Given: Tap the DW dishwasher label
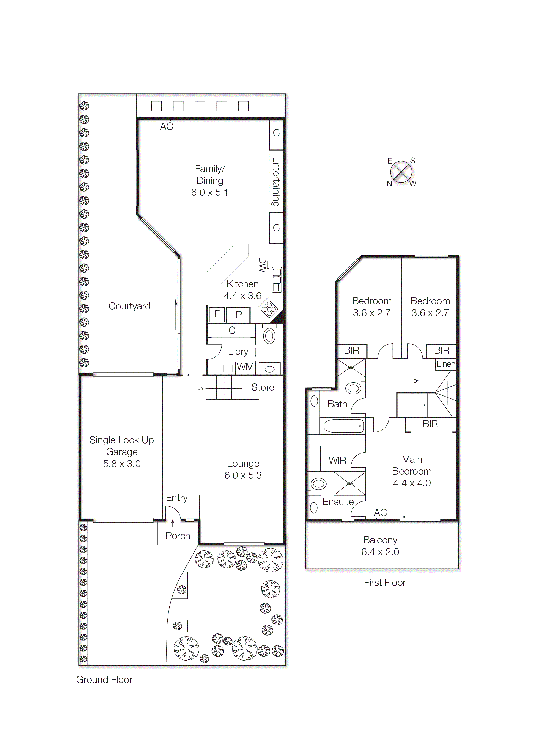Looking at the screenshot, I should click(x=262, y=265).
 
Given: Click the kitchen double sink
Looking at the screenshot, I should click(x=277, y=280).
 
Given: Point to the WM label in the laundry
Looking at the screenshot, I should click(x=245, y=367).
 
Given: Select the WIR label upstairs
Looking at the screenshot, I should click(x=337, y=460).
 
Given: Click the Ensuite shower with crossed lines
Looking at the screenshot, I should click(x=349, y=483).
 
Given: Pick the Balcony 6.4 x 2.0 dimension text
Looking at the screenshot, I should click(x=380, y=552).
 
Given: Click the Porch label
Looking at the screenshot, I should click(x=178, y=536).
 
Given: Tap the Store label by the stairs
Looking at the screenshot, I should click(x=263, y=387).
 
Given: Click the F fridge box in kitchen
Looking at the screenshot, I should click(x=217, y=314).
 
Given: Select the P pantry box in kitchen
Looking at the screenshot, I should click(x=239, y=315).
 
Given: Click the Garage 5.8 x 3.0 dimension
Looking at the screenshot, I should click(x=122, y=464).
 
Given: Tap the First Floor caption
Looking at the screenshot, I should click(x=384, y=583).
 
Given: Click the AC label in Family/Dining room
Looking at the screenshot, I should click(x=167, y=127).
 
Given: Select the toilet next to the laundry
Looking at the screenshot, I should click(x=269, y=335).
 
